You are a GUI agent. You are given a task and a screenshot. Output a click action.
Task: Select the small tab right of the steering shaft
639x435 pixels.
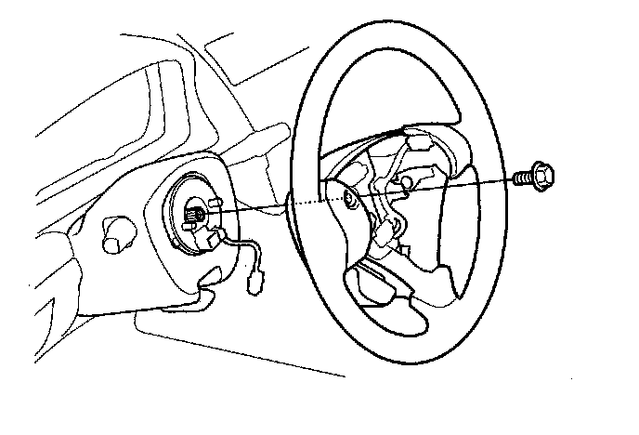click(x=215, y=204)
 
